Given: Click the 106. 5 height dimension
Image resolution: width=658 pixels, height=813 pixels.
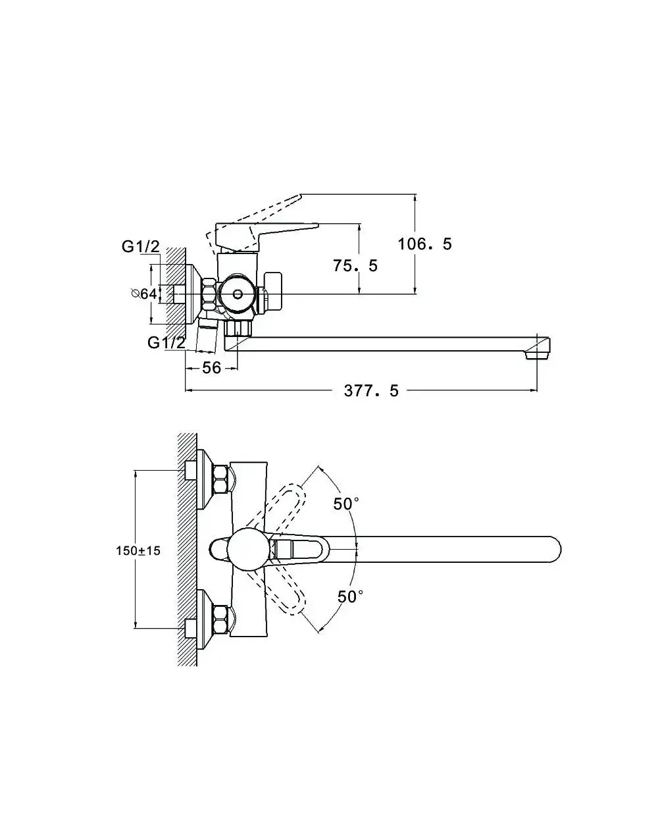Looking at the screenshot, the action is click(x=424, y=244).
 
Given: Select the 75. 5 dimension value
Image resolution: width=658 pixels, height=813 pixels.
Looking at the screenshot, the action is click(x=355, y=266).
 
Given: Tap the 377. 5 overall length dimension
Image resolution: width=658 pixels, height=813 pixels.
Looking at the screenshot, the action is click(x=371, y=390).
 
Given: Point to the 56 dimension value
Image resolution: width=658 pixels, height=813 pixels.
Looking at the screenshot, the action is click(x=211, y=367).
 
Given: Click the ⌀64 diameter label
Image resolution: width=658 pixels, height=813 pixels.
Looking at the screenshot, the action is click(x=144, y=294).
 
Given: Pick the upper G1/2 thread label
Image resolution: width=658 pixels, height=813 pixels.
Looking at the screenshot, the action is click(x=140, y=247).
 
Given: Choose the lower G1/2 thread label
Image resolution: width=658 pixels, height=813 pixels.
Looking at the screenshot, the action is click(x=166, y=342).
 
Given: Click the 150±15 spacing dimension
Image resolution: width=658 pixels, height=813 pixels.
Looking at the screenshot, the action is click(x=138, y=551).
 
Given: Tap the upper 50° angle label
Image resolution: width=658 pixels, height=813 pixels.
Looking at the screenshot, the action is click(x=346, y=504).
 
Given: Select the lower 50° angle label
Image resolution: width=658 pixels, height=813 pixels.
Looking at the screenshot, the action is click(x=350, y=596).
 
